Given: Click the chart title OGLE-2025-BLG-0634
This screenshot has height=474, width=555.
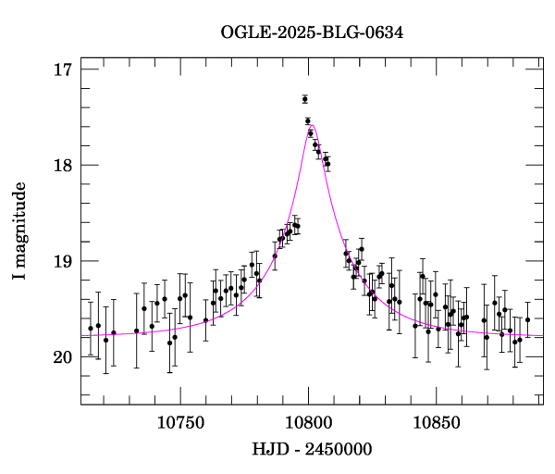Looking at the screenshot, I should [312, 32].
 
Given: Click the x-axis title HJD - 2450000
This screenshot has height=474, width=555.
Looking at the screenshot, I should [312, 449].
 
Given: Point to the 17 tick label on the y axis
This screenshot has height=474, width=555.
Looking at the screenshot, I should [63, 70].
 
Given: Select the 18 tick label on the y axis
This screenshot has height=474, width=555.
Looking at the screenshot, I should [63, 166].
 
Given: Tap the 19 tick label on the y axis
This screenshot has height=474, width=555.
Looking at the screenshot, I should [63, 261].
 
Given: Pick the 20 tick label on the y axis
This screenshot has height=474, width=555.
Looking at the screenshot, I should [63, 357].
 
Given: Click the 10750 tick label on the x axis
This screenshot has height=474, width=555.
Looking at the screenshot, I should [179, 423].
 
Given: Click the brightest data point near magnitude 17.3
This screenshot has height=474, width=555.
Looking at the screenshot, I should [304, 99].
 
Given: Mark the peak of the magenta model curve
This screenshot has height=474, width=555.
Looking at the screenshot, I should [313, 126].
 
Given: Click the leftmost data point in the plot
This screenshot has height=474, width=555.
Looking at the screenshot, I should [91, 328].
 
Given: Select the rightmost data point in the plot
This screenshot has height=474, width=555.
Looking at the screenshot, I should [527, 319].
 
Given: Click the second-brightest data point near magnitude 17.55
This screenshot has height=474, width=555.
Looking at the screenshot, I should [308, 121].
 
